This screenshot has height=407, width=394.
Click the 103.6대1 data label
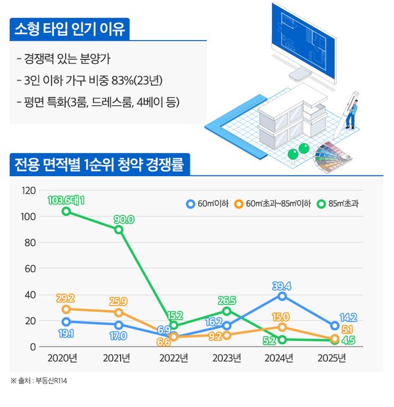click(x=66, y=200)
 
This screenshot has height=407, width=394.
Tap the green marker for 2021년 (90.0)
click(x=118, y=229)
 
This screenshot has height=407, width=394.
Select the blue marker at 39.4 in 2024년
click(x=281, y=296)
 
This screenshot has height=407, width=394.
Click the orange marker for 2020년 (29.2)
click(x=66, y=309)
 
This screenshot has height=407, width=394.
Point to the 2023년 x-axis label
click(x=227, y=358)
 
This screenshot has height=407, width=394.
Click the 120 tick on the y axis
click(x=28, y=191)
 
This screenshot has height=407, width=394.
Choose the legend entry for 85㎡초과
click(x=340, y=204)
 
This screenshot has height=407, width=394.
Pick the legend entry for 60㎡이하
click(x=208, y=204)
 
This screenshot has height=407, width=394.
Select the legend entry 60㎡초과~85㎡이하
click(x=274, y=204)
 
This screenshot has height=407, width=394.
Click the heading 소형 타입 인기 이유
click(x=70, y=30)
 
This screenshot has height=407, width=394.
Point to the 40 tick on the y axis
click(x=30, y=295)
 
